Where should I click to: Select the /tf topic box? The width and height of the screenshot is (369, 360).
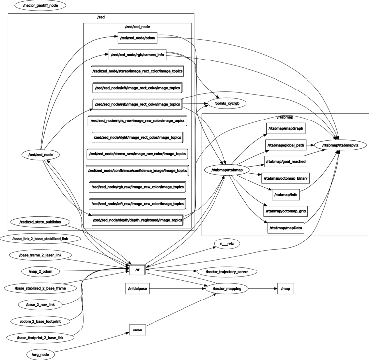(x=136, y=270)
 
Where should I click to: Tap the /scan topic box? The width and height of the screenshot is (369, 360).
(x=137, y=329)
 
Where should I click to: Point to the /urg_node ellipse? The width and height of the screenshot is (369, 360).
(x=40, y=354)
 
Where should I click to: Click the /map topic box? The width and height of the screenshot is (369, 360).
(x=285, y=289)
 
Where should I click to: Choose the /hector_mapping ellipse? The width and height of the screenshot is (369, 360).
(x=227, y=289)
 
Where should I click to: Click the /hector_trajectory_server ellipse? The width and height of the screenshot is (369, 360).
(x=226, y=271)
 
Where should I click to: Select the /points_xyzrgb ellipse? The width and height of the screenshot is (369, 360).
(x=226, y=104)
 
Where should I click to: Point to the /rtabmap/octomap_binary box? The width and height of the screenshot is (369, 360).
(x=285, y=178)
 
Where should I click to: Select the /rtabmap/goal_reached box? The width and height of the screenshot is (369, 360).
(x=285, y=161)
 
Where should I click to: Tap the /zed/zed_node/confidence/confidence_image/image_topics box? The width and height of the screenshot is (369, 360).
(x=137, y=171)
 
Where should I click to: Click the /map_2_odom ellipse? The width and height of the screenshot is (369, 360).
(x=40, y=271)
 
